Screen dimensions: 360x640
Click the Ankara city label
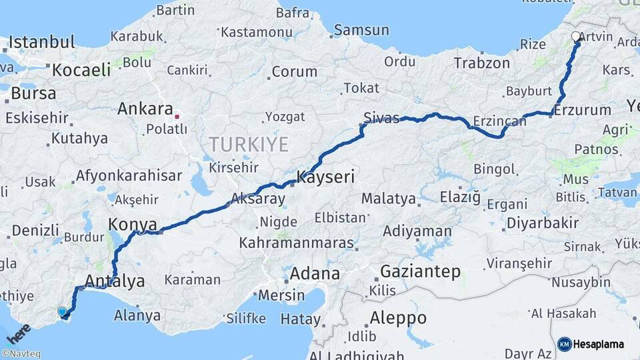(145, 109)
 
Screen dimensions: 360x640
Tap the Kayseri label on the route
(325, 178)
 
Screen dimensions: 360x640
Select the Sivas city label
(381, 119)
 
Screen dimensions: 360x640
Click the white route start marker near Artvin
(577, 37)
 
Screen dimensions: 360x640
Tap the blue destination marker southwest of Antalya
(63, 311)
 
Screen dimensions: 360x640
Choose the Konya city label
(133, 224)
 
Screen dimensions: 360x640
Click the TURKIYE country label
(248, 144)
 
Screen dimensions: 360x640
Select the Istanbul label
(42, 43)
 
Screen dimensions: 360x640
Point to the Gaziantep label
(421, 271)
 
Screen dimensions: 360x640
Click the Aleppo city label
(398, 317)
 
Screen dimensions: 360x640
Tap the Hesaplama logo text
(599, 344)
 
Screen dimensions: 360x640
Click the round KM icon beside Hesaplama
(564, 344)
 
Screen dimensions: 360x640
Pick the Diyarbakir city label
(542, 223)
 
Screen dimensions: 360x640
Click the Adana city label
(315, 273)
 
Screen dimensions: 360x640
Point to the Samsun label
(361, 30)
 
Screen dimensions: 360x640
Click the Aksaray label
(257, 199)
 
